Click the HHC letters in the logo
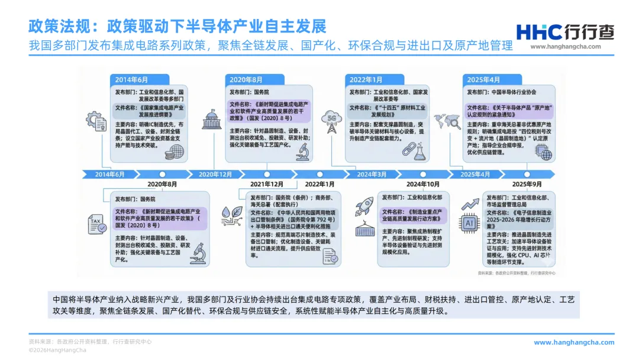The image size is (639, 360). point(536,33)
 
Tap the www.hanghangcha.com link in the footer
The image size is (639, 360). point(574,342)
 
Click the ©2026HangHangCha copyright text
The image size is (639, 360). point(58,350)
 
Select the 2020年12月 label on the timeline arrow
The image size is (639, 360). point(215,174)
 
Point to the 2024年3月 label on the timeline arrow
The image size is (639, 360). point(372,174)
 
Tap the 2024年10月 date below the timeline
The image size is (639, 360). point(423,184)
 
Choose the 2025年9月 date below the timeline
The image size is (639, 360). point(527,184)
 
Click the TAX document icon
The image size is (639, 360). point(96,224)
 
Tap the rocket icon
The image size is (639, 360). point(364,206)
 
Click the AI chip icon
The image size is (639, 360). point(470,223)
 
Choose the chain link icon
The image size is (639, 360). point(408,149)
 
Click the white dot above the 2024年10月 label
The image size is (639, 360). point(423,174)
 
